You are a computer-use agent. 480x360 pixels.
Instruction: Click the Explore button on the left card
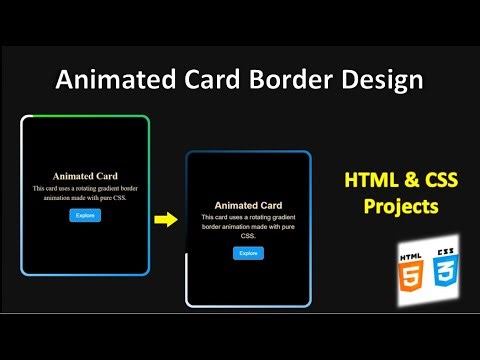[x=85, y=215]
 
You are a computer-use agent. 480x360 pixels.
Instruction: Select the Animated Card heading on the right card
[x=248, y=205]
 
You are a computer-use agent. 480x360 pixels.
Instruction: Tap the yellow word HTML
[x=367, y=181]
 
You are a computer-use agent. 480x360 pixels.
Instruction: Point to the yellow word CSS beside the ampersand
[x=431, y=181]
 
